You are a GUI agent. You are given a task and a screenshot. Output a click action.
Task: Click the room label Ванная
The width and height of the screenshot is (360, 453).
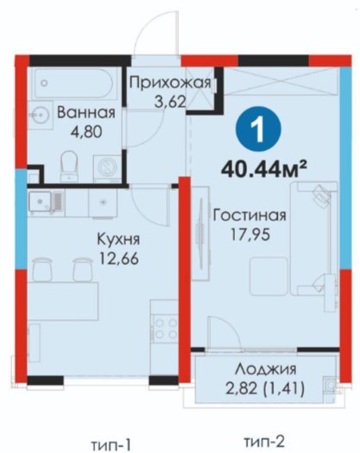86,112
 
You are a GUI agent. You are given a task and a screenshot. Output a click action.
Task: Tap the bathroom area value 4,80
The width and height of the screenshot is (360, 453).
86,132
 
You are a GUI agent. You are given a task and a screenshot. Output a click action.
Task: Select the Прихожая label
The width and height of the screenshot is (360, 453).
170,83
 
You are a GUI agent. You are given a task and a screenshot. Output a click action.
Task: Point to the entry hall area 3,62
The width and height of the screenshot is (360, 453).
170,102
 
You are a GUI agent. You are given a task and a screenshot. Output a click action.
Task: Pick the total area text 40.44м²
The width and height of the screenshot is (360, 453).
263,169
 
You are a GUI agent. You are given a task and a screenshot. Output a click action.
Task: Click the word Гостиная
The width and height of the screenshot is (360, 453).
249,216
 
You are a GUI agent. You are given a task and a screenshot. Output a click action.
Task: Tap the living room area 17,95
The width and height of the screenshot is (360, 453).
250,235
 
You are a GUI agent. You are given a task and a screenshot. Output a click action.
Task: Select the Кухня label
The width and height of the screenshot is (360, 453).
118,240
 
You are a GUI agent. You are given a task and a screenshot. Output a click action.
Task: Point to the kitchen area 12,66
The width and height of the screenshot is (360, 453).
119,258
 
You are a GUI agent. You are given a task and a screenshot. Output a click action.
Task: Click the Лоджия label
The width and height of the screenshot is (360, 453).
265,370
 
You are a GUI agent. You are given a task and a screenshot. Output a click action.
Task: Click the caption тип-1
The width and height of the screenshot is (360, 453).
111,444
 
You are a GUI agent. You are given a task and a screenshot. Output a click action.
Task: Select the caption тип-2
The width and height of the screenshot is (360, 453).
264,442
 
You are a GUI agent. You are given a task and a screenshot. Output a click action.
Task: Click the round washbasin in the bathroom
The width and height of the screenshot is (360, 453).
41,115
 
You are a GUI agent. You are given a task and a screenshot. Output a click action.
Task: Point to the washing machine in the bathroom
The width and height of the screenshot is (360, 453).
107,168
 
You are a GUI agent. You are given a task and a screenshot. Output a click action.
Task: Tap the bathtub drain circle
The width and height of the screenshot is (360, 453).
44,84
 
